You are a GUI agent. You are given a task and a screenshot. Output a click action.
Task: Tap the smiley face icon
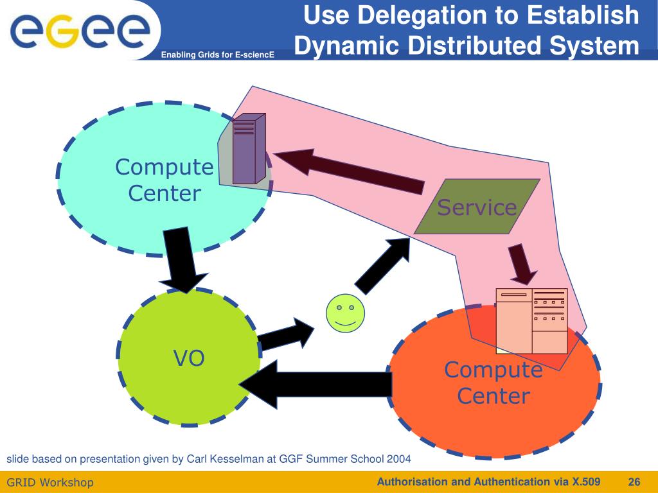[345, 313]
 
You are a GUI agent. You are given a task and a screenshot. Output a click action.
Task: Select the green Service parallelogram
[477, 206]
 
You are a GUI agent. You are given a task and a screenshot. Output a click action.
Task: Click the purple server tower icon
[248, 149]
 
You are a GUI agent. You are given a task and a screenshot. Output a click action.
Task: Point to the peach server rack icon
[532, 321]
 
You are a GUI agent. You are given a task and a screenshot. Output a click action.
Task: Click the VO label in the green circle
[189, 358]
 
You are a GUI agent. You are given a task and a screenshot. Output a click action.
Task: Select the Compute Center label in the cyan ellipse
[164, 180]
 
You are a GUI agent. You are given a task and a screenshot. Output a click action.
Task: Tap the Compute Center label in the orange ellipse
[493, 383]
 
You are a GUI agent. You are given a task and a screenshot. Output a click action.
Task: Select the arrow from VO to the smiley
[286, 334]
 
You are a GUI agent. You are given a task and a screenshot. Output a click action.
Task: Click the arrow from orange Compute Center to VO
[315, 384]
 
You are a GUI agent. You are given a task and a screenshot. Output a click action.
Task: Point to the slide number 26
[634, 481]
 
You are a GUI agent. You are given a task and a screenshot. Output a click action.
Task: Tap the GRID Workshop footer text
[50, 482]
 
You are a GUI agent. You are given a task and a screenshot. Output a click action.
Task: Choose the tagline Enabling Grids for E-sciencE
[218, 56]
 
